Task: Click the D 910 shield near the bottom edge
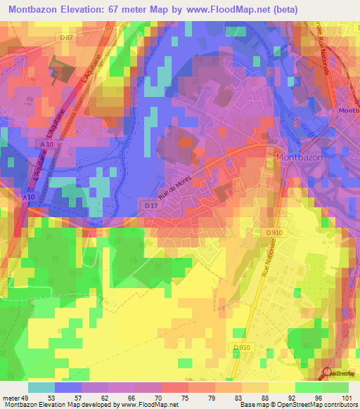[x=240, y=346]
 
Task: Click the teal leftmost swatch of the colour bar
[x=41, y=387]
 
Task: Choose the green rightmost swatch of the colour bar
[x=335, y=387]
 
